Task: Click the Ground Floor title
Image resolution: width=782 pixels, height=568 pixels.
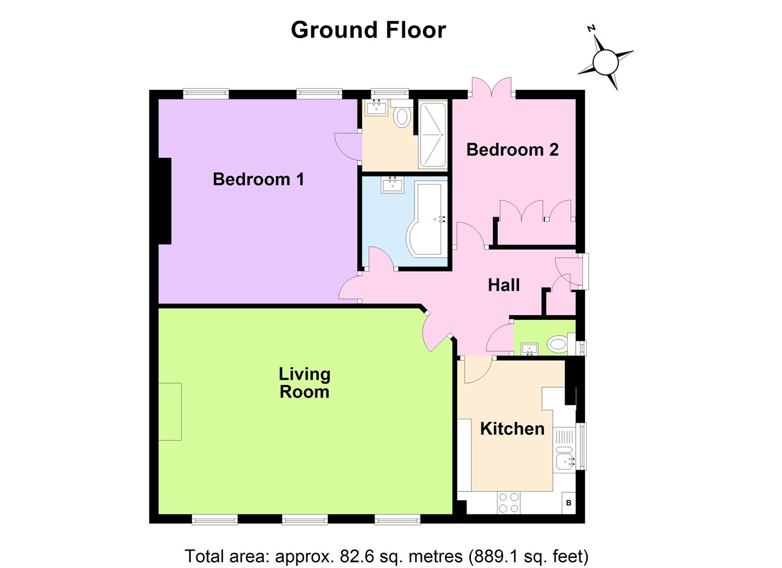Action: (x=368, y=30)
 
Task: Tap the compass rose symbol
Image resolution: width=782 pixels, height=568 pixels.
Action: (x=605, y=62)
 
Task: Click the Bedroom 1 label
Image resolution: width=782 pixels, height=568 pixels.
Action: (x=258, y=179)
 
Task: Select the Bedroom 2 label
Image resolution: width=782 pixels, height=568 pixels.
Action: (x=512, y=150)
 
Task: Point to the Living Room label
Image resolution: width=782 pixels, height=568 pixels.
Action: (x=304, y=383)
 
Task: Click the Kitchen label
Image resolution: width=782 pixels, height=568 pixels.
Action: (x=512, y=429)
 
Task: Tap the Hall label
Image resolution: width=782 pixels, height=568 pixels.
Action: (x=503, y=285)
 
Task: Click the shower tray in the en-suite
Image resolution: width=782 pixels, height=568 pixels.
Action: (x=432, y=135)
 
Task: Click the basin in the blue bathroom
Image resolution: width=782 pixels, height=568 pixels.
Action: (x=392, y=185)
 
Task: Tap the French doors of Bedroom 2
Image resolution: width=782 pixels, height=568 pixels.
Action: (x=492, y=88)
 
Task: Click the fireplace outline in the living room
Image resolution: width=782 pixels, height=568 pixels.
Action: (x=170, y=411)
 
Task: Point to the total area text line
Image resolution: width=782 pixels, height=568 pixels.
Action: (x=387, y=556)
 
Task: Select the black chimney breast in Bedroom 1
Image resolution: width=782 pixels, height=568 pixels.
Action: (x=165, y=201)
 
